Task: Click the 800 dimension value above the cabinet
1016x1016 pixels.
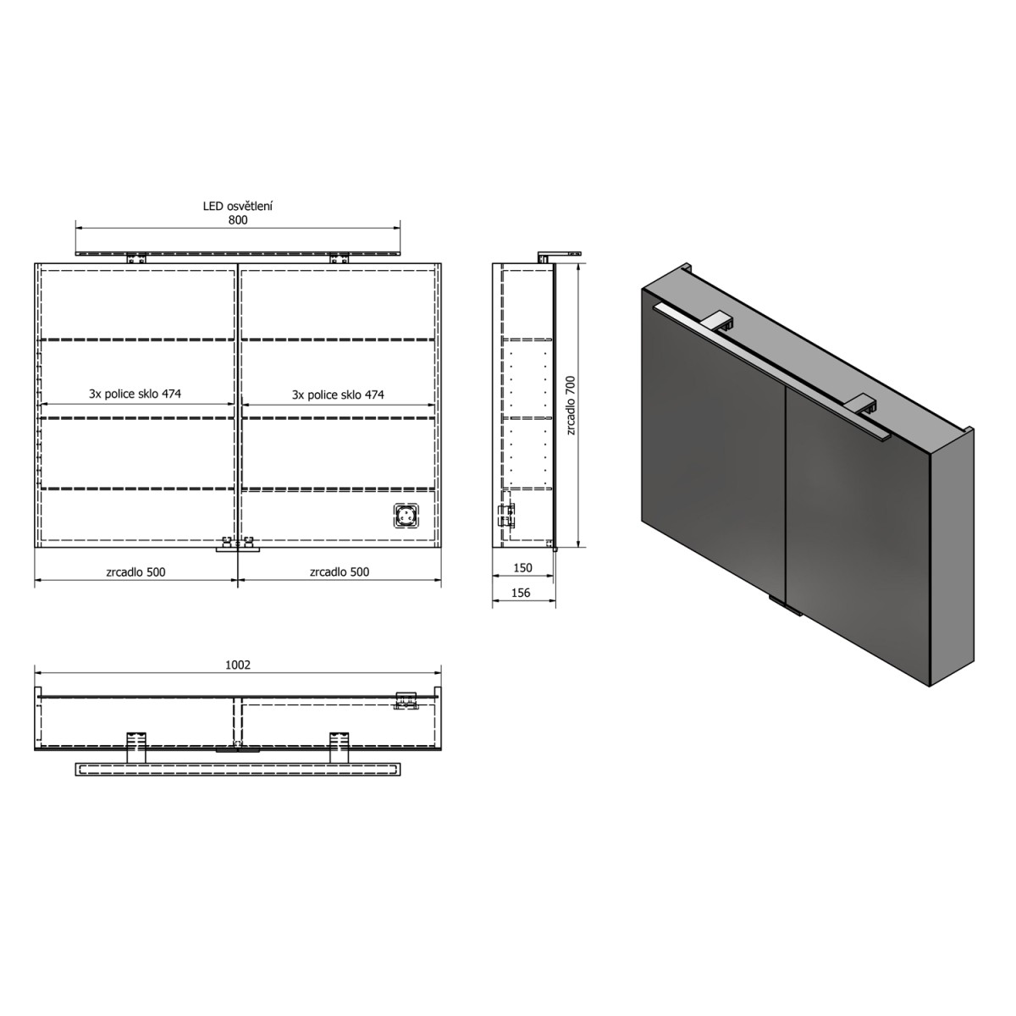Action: pos(238,220)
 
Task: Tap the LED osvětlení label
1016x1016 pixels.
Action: pos(237,206)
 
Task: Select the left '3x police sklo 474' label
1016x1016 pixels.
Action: pos(135,394)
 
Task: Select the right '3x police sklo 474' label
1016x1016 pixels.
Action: pos(338,395)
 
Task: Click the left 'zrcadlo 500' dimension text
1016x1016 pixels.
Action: pos(136,571)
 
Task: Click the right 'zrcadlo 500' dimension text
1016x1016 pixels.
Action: pos(340,571)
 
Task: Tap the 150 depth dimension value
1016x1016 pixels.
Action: pos(522,569)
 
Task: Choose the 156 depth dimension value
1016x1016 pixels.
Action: pos(522,593)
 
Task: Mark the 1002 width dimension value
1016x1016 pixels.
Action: pos(238,665)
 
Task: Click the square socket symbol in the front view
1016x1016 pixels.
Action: pos(407,515)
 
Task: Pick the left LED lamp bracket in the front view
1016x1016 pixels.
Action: pos(135,259)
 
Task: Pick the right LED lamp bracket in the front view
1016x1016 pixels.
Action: pos(340,259)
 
